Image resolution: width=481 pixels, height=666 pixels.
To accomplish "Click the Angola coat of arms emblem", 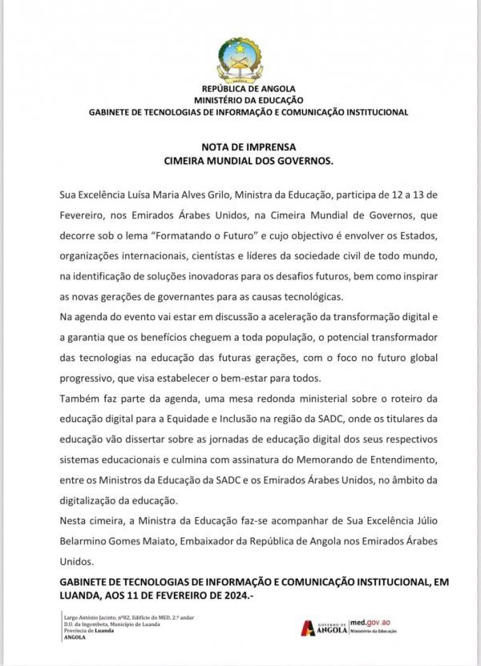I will (241, 58).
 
